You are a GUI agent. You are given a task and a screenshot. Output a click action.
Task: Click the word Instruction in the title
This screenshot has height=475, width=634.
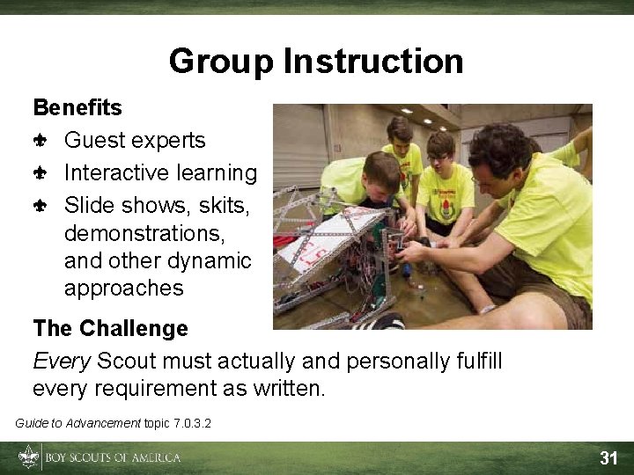click(373, 62)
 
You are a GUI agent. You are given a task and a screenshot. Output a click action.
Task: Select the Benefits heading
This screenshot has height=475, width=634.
click(77, 108)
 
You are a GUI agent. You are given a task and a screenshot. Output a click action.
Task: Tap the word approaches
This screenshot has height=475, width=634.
click(123, 289)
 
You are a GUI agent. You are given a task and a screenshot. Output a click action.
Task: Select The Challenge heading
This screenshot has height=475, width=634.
click(110, 329)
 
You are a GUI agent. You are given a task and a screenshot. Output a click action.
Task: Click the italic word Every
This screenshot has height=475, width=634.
click(62, 361)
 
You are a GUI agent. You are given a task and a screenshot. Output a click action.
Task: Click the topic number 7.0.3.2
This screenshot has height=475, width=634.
click(191, 424)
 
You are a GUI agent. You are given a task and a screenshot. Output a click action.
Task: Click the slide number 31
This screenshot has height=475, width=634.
click(608, 457)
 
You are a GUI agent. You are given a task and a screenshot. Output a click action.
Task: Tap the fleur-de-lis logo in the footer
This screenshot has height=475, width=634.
click(28, 457)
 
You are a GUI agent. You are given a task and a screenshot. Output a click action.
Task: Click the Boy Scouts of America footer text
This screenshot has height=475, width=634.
click(112, 457)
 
